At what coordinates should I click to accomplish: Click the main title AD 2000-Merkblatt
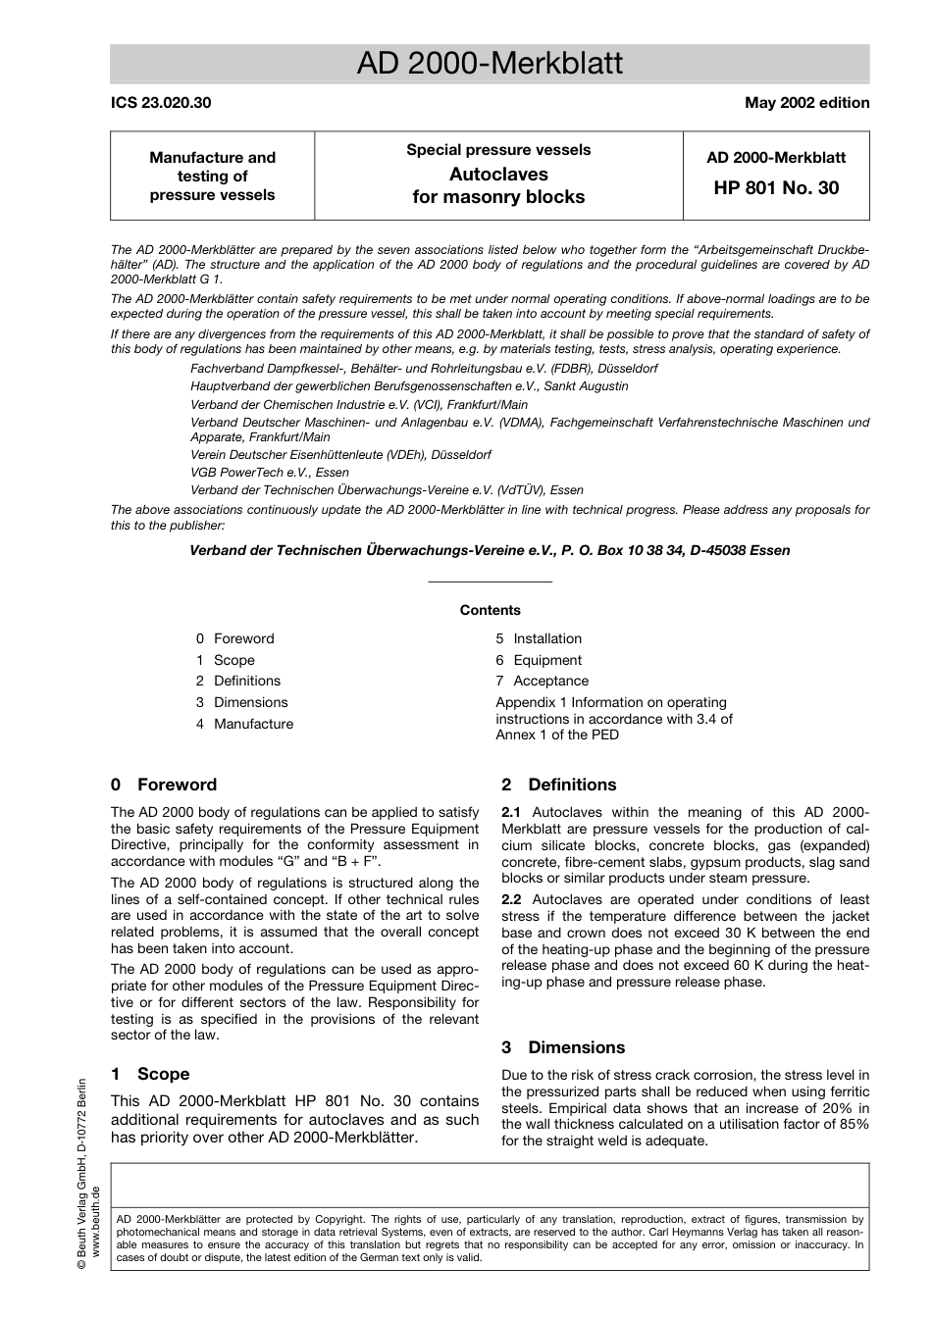[x=490, y=65]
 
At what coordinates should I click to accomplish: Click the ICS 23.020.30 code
[x=161, y=103]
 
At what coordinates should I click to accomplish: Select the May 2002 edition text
[x=806, y=103]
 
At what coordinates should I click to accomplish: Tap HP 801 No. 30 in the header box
[x=776, y=187]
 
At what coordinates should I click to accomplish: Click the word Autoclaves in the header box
[x=497, y=174]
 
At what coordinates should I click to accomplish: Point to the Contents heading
[x=490, y=610]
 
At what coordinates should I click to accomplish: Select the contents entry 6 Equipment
[x=539, y=660]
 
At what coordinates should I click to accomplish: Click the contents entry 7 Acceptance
[x=542, y=681]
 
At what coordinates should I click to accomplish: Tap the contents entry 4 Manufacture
[x=244, y=724]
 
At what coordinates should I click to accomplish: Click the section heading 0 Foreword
[x=164, y=785]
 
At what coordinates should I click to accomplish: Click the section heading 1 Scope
[x=150, y=1074]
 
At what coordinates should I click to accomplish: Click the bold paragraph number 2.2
[x=511, y=899]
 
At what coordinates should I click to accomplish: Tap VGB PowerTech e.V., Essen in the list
[x=256, y=472]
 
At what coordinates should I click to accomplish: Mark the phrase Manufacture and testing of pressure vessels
[x=212, y=176]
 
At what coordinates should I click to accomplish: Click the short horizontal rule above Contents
[x=490, y=583]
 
